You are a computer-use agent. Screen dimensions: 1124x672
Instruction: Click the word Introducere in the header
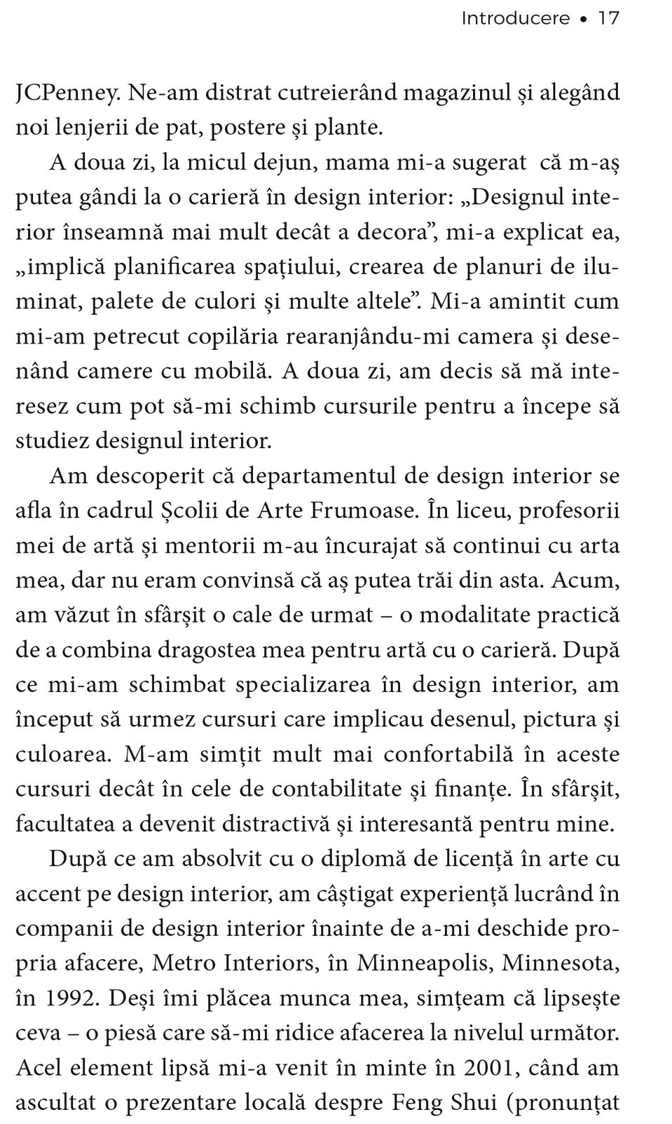pos(515,18)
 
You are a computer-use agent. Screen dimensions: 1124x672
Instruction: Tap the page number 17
pos(608,18)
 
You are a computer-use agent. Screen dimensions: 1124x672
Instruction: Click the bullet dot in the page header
pos(583,20)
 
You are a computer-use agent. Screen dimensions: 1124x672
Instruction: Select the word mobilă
pos(235,372)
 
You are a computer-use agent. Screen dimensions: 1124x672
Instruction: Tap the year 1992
pos(70,998)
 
